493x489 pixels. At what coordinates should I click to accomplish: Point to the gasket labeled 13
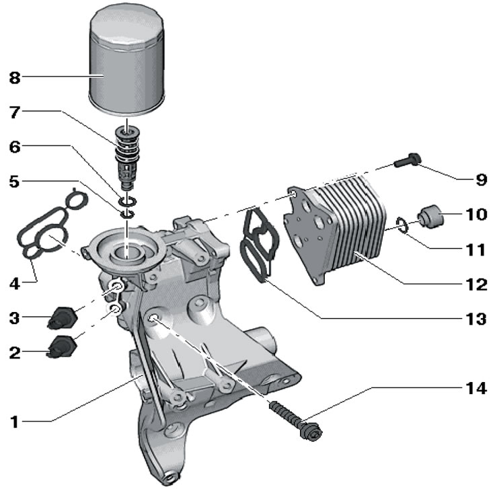click(x=256, y=246)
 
